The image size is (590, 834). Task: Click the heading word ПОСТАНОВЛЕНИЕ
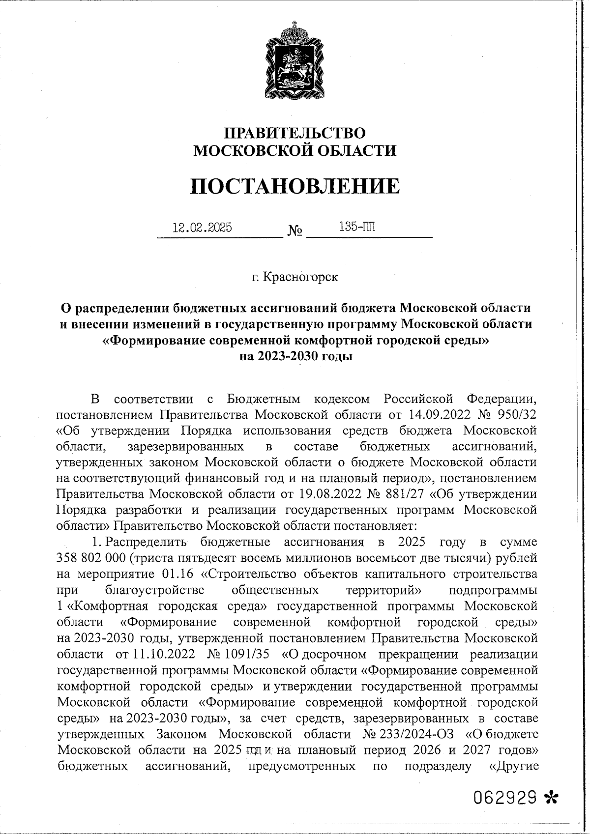pyautogui.click(x=295, y=186)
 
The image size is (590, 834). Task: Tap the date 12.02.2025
pyautogui.click(x=202, y=228)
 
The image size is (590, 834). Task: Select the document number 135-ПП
pyautogui.click(x=356, y=227)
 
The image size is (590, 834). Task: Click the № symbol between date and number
pyautogui.click(x=295, y=230)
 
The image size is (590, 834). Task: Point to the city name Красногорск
pyautogui.click(x=301, y=277)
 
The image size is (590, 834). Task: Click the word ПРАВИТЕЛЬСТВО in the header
pyautogui.click(x=295, y=133)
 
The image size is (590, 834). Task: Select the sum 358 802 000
pyautogui.click(x=100, y=558)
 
